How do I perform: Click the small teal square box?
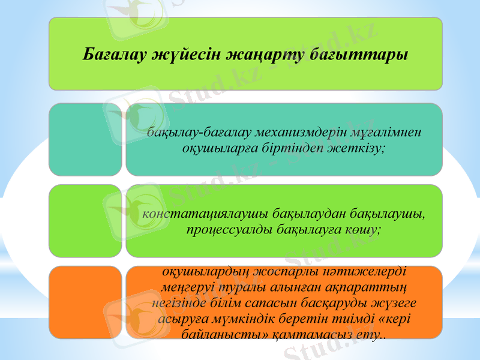click(85, 140)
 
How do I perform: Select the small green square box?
click(85, 221)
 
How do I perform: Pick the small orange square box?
click(85, 302)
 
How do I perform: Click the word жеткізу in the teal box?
click(356, 148)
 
